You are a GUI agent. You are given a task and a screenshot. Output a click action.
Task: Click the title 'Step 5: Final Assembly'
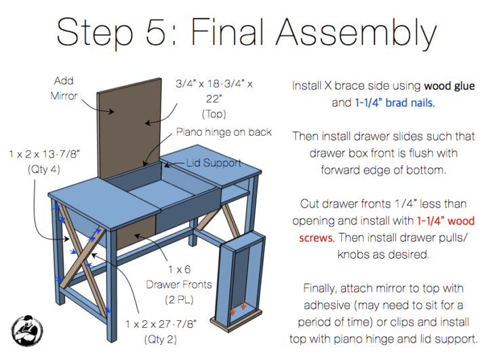(x=247, y=31)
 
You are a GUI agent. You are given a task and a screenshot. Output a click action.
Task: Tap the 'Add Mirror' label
(x=64, y=88)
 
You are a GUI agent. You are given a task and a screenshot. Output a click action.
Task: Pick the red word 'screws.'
(x=316, y=237)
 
